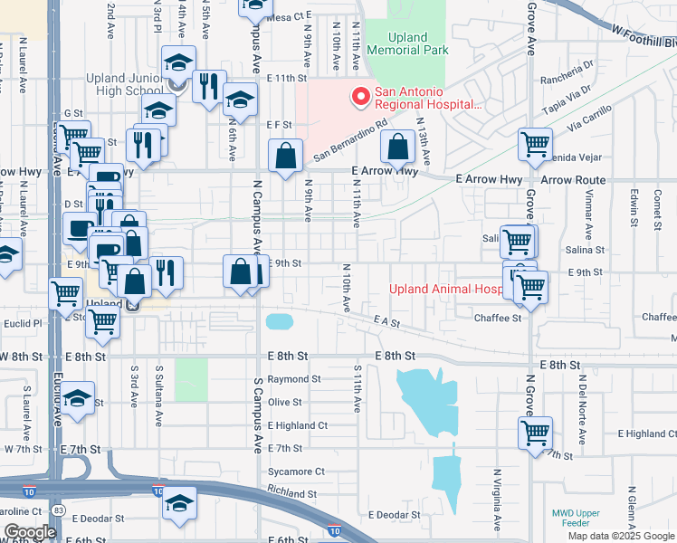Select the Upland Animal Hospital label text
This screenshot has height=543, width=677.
click(x=445, y=290)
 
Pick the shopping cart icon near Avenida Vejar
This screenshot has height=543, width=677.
click(x=535, y=144)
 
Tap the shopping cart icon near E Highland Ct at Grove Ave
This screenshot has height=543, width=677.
click(x=535, y=433)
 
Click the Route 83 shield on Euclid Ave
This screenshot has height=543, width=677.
click(x=59, y=510)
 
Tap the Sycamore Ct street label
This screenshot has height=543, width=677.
click(x=295, y=472)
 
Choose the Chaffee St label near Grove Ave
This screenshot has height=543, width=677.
click(x=498, y=318)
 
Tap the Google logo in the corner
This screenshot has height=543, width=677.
click(x=30, y=532)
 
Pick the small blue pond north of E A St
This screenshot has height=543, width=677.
click(x=279, y=320)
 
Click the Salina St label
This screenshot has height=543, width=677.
click(x=585, y=249)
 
